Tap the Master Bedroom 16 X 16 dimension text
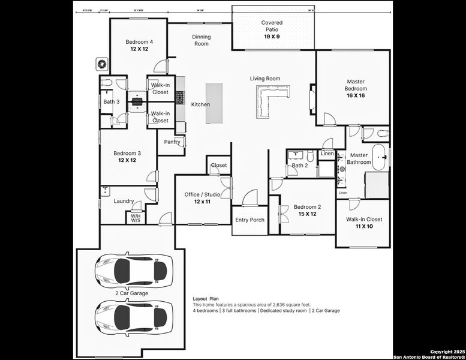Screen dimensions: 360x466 [356, 95]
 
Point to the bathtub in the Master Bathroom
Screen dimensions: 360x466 [380, 156]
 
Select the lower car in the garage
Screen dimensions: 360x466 [133, 316]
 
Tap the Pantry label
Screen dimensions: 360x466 [172, 142]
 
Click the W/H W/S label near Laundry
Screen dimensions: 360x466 [136, 218]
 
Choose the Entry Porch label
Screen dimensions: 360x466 [249, 220]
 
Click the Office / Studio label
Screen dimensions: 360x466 [202, 194]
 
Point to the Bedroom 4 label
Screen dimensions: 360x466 [139, 42]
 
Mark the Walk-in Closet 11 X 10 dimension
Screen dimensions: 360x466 [363, 227]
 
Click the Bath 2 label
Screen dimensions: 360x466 [300, 166]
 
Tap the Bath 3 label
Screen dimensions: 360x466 [112, 102]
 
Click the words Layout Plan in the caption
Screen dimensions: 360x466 [206, 298]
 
